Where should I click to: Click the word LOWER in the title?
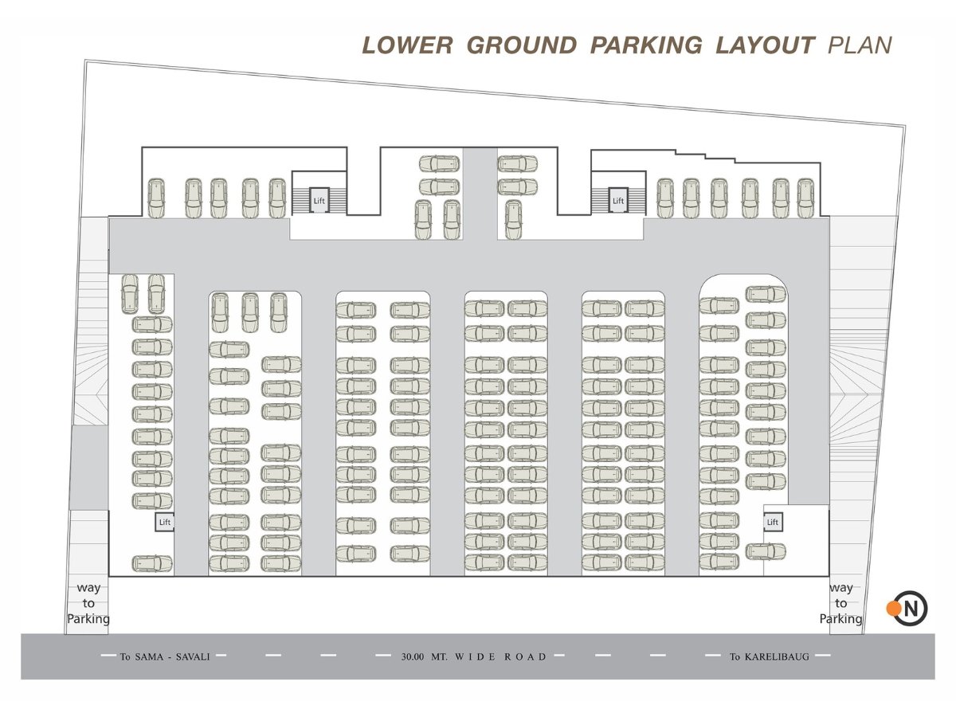point(407,45)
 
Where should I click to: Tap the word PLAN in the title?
point(860,45)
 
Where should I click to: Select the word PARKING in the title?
point(646,45)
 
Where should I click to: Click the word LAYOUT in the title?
point(766,45)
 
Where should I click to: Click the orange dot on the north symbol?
point(893,608)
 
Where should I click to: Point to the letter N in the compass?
point(911,609)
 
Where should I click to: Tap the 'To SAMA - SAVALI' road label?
point(165,656)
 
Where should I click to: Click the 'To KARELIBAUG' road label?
point(769,656)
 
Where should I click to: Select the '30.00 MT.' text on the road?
point(424,656)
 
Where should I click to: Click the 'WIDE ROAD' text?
point(500,656)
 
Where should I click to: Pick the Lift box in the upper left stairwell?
point(319,200)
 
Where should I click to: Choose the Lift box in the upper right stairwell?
point(618,200)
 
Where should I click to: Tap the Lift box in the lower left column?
point(165,522)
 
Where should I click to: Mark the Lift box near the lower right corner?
point(773,522)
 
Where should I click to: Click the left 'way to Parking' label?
point(88,603)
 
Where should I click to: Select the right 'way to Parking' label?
point(841,603)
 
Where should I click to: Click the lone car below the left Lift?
point(152,564)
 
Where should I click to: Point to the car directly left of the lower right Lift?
point(719,519)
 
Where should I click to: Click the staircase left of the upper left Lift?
point(300,200)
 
